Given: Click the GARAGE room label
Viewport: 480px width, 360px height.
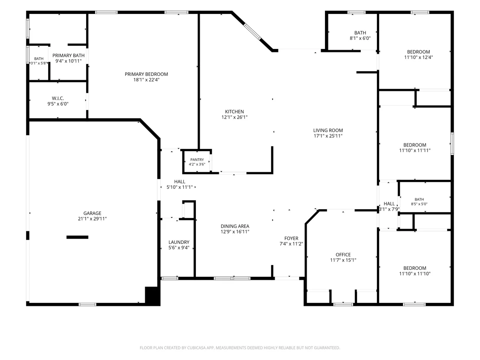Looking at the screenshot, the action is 92,213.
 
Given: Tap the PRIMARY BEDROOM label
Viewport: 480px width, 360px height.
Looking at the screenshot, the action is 146,74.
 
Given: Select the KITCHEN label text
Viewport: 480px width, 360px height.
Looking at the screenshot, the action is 234,112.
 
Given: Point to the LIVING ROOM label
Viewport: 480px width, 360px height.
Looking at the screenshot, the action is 328,130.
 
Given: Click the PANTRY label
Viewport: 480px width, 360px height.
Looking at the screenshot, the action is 197,159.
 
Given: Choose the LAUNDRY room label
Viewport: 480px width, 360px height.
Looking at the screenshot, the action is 179,242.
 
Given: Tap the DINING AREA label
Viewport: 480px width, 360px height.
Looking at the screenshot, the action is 235,226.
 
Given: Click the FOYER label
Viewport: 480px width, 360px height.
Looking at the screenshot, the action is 291,238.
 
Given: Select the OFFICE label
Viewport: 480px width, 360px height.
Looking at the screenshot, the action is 343,255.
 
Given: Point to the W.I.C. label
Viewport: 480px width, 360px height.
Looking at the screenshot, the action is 58,98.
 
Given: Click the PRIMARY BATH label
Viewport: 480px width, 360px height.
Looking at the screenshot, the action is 68,55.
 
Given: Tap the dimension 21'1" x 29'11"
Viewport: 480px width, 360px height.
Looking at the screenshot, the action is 92,219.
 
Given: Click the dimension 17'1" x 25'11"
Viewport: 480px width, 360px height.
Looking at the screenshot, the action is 328,136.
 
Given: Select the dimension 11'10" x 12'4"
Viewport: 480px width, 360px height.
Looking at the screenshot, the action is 418,57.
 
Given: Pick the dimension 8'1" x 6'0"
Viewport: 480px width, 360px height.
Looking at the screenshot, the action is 360,38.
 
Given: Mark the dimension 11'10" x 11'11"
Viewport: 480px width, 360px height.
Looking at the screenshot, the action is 415,150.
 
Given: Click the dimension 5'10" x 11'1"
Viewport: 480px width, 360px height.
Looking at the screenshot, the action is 180,187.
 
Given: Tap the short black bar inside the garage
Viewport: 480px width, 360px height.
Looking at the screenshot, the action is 78,237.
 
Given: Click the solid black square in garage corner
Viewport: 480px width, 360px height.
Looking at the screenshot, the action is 152,295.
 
